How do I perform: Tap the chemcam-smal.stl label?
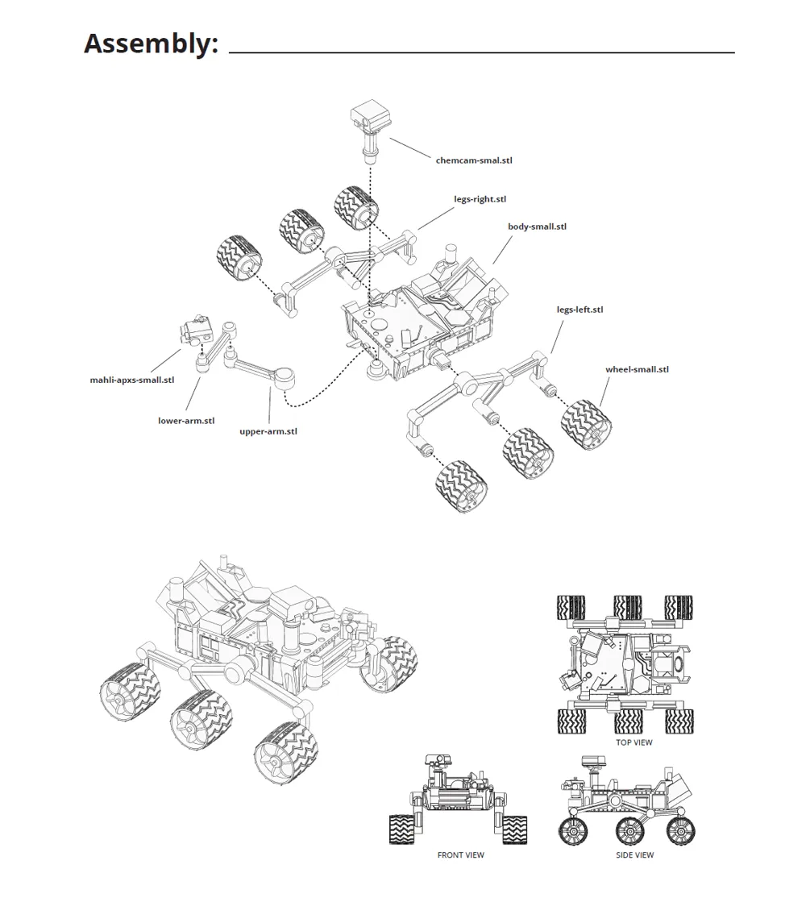(x=473, y=160)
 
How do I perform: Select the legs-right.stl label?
(x=480, y=199)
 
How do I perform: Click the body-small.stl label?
(x=537, y=227)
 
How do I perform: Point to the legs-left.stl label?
(x=580, y=310)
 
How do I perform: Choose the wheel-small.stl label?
(x=637, y=370)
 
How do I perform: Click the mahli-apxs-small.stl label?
(x=132, y=380)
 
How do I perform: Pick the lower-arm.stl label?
(x=186, y=420)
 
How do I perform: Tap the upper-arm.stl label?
(x=268, y=431)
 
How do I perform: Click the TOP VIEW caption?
(x=634, y=742)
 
